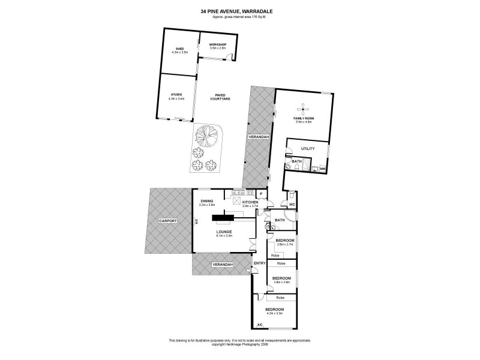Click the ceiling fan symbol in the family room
(304, 109)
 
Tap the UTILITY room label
(308, 148)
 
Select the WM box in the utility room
(322, 169)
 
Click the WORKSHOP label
(217, 45)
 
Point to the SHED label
(179, 49)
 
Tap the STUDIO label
(176, 94)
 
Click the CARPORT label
(168, 221)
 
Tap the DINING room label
(206, 202)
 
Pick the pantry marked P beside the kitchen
(262, 194)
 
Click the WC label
(292, 205)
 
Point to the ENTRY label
(260, 263)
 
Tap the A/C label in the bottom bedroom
(260, 325)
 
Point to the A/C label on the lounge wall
(196, 221)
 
